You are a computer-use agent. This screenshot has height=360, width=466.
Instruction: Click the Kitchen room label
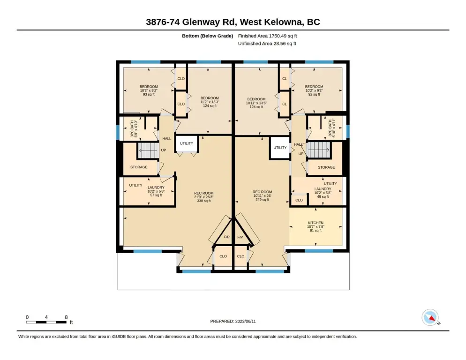[x=316, y=226]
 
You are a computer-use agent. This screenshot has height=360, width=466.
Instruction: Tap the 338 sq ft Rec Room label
[x=204, y=197]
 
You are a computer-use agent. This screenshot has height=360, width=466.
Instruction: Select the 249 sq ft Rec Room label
[x=263, y=195]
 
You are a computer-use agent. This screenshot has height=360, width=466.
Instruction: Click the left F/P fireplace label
[x=227, y=237]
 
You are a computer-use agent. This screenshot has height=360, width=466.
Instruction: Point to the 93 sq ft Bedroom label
[x=149, y=90]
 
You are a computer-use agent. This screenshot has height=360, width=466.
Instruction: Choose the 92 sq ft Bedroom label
[x=314, y=90]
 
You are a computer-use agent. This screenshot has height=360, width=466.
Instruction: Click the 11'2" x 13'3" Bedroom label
[x=210, y=102]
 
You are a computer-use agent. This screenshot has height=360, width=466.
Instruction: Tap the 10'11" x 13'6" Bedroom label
[x=256, y=103]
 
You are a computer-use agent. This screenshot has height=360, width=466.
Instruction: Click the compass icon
[x=430, y=317]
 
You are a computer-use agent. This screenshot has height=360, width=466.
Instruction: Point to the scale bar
[x=46, y=322]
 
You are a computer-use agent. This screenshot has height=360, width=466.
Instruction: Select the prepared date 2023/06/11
[x=233, y=322]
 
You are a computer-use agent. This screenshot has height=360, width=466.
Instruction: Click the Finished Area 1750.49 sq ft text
[x=268, y=36]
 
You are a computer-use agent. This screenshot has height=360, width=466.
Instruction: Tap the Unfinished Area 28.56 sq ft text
[x=267, y=44]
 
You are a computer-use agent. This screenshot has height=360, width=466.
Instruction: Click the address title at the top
[x=233, y=22]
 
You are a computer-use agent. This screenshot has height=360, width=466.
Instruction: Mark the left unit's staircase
[x=148, y=150]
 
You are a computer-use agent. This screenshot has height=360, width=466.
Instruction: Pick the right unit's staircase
[x=318, y=150]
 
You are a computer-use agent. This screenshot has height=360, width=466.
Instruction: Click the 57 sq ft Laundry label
[x=156, y=191]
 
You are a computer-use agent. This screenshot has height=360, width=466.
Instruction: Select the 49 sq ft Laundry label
[x=323, y=193]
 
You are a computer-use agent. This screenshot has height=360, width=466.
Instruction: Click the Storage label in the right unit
[x=326, y=167]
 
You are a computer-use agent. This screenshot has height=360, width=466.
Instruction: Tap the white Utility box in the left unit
[x=187, y=143]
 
